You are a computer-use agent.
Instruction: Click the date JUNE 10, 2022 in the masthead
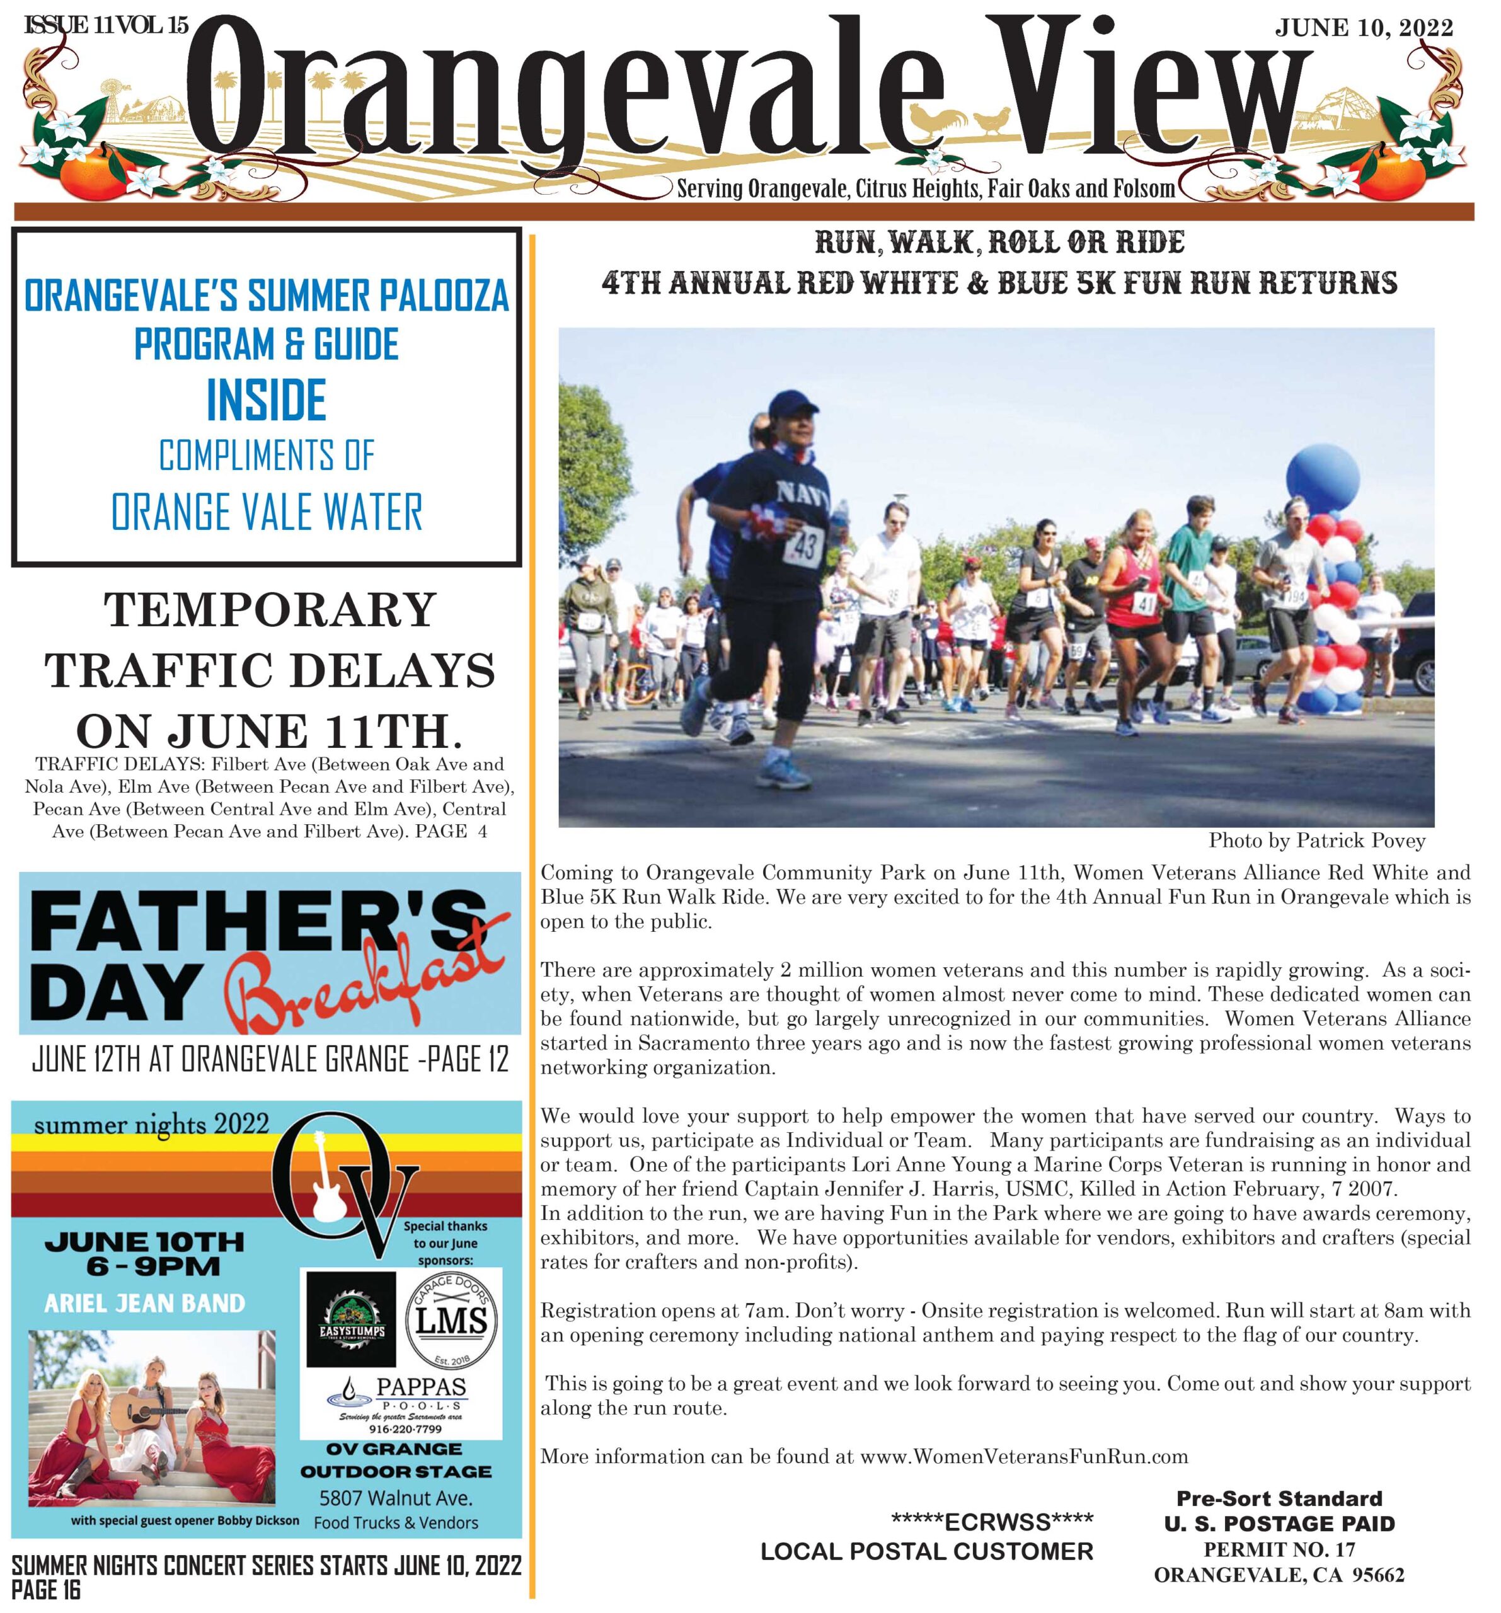coord(1363,28)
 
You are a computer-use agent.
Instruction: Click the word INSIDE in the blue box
coord(266,400)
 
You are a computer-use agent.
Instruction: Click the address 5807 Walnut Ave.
coord(396,1497)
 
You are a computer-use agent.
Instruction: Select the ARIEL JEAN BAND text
coord(144,1303)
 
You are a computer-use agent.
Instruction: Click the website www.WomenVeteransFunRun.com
coord(1024,1456)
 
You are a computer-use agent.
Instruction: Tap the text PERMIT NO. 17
coord(1279,1549)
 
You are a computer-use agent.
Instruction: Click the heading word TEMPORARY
coord(270,610)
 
